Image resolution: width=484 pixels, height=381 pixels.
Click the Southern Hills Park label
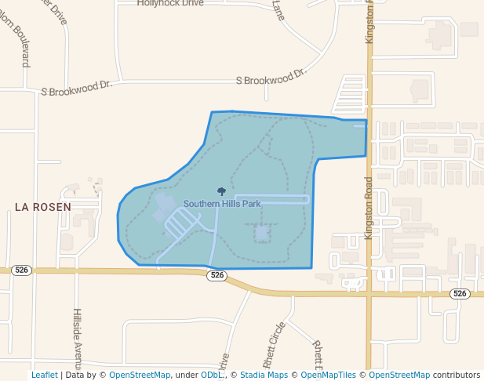222,204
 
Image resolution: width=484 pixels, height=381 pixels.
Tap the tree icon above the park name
221,191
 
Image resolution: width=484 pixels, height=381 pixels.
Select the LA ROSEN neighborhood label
43,207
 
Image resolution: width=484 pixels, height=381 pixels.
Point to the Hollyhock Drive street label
170,4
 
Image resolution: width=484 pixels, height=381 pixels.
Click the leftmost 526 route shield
22,270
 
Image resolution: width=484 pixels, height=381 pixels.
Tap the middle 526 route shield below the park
217,276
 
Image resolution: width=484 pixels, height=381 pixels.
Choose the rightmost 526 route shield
460,293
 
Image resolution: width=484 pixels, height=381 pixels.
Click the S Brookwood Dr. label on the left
77,87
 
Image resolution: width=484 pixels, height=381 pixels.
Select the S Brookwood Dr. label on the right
271,78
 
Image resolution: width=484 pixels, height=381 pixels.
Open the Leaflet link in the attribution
44,375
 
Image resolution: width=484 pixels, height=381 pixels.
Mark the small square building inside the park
261,232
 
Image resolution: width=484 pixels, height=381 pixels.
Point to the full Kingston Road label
369,207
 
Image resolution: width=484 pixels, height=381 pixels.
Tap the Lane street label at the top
278,9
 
